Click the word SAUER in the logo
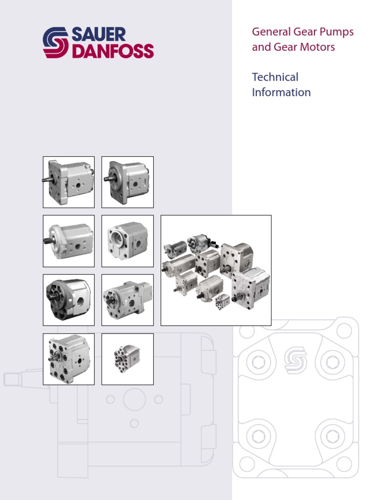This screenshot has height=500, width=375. pyautogui.click(x=100, y=35)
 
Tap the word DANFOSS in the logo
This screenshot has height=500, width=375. pyautogui.click(x=113, y=51)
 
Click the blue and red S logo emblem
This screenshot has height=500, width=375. pyautogui.click(x=56, y=43)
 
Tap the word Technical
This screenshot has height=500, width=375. pyautogui.click(x=275, y=77)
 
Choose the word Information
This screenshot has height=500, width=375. pyautogui.click(x=281, y=92)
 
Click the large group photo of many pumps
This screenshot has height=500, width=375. pyautogui.click(x=216, y=271)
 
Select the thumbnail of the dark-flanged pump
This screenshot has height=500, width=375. pyautogui.click(x=68, y=300)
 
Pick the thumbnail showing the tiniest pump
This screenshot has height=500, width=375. pyautogui.click(x=127, y=359)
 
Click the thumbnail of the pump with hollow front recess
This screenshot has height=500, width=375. pyautogui.click(x=127, y=241)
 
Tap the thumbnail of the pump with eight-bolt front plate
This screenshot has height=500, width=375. pyautogui.click(x=68, y=359)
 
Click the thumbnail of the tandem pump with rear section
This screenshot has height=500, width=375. pyautogui.click(x=127, y=300)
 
